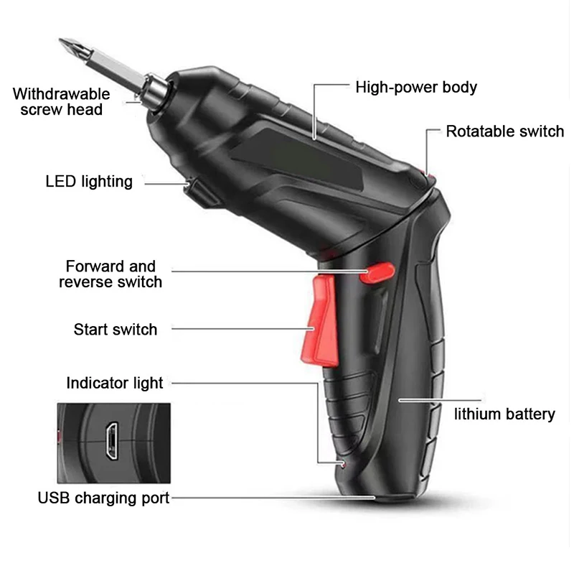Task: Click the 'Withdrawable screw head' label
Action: point(61,101)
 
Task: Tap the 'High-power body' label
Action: point(416,88)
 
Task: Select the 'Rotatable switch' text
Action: point(504,131)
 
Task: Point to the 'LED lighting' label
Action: point(89,181)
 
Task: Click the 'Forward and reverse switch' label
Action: point(110,274)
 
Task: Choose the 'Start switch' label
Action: point(115,330)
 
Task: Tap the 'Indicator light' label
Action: point(115,383)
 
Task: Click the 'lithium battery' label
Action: point(504,414)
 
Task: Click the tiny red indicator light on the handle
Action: point(344,465)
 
